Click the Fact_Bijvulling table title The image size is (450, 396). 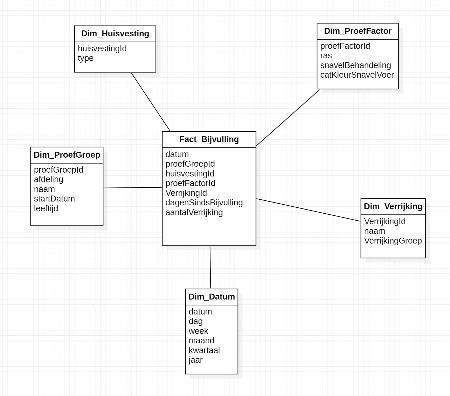point(209,140)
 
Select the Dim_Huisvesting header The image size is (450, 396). point(115,34)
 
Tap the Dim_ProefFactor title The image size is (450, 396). point(357,31)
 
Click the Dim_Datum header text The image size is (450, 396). point(211,297)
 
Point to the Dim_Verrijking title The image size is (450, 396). point(393,207)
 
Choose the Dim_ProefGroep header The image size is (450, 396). point(67,155)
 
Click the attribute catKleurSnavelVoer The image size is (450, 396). point(357,75)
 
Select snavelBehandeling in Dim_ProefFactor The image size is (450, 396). point(355,65)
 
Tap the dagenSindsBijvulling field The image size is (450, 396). point(204,203)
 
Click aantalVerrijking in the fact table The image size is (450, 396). point(194,213)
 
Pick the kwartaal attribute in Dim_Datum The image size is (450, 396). point(204,350)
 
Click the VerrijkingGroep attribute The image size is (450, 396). point(393,241)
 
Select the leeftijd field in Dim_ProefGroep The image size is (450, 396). point(46,208)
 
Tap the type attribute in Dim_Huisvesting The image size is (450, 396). point(86,58)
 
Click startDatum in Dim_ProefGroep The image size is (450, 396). point(54,199)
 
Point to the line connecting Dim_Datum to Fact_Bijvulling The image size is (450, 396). point(210,267)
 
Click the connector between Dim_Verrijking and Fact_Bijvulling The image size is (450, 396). point(308,210)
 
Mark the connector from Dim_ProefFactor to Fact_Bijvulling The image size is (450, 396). point(288,118)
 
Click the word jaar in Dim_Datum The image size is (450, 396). point(195,360)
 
